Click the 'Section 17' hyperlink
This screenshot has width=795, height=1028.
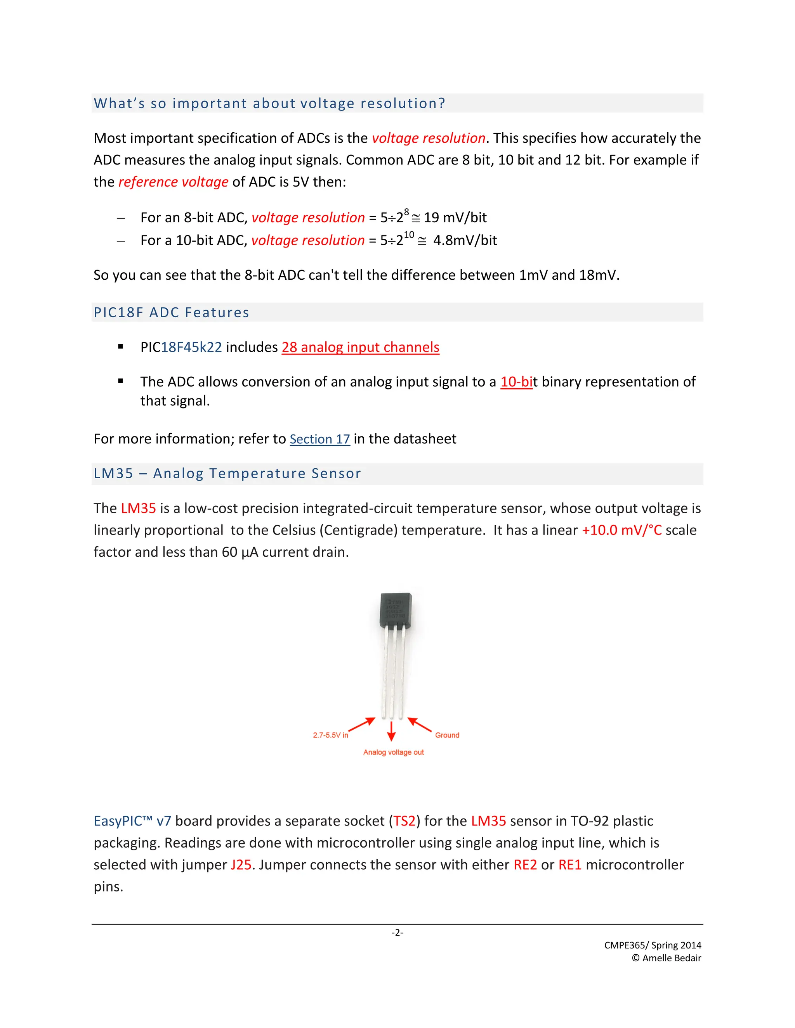(319, 439)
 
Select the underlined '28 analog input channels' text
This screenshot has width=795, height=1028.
(360, 347)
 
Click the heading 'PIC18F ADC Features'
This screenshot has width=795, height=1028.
(172, 313)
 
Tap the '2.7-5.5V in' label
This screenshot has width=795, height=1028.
(330, 735)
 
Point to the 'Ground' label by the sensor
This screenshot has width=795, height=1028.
(447, 735)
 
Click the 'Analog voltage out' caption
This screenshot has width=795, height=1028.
(393, 752)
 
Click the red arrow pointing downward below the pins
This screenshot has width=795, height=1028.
(391, 731)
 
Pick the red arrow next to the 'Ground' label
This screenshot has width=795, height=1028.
(419, 724)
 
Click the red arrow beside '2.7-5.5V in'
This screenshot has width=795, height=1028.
(362, 725)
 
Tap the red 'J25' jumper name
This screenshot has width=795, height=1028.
(241, 865)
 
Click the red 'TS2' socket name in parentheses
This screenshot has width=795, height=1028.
(404, 821)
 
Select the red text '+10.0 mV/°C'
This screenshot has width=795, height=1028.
(622, 530)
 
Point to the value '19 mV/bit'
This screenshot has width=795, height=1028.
(455, 218)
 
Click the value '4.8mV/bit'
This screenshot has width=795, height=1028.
(465, 241)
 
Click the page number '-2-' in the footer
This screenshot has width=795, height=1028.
(397, 933)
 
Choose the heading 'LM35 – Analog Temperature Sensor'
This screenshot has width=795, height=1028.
(227, 474)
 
